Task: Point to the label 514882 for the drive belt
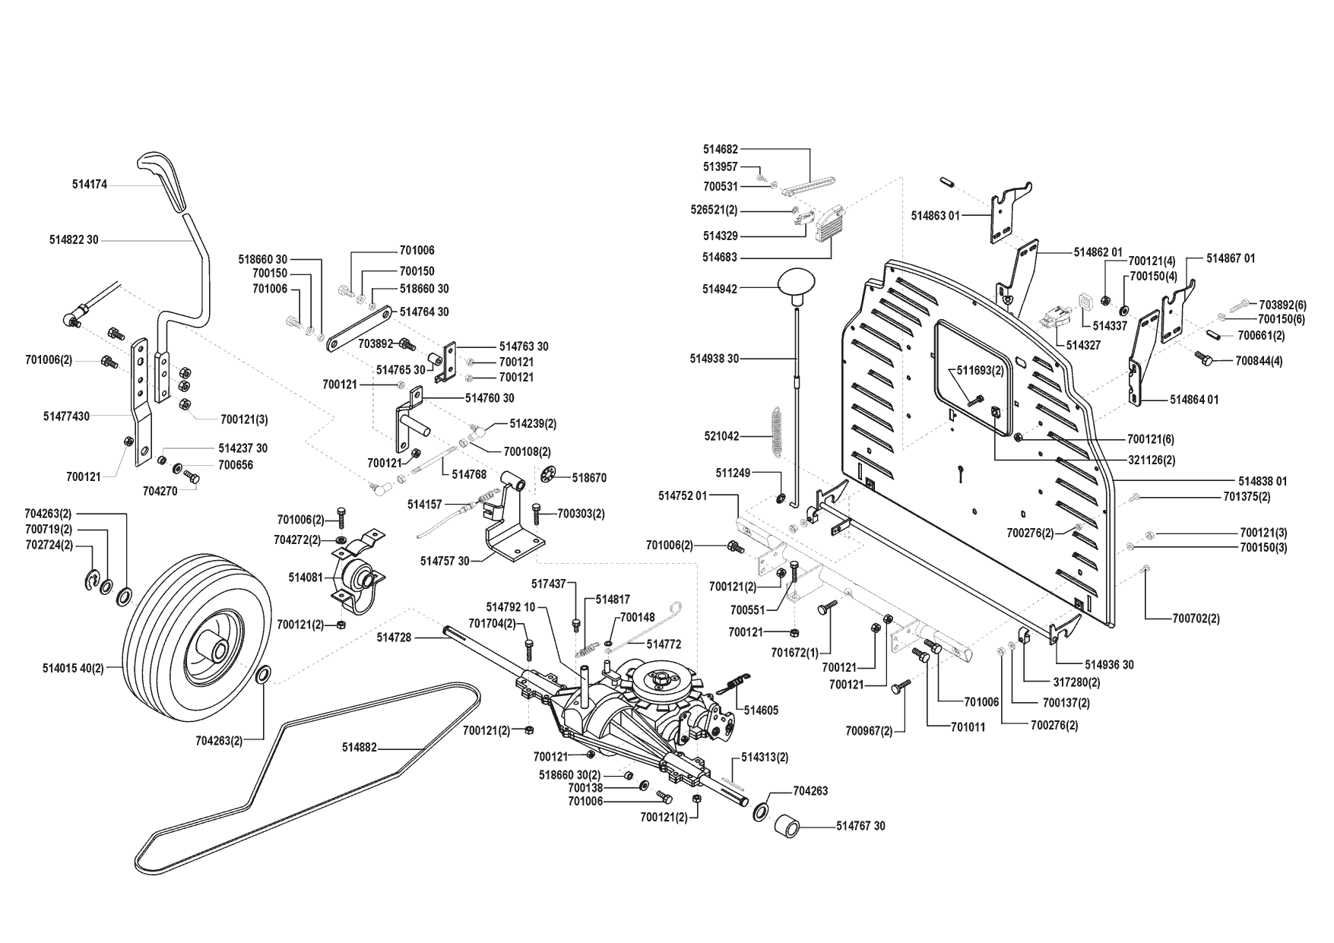[360, 748]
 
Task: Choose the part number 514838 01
[1263, 481]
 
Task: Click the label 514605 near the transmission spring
[761, 710]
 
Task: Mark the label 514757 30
[445, 561]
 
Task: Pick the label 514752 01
[683, 495]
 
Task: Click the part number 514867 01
[1231, 259]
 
